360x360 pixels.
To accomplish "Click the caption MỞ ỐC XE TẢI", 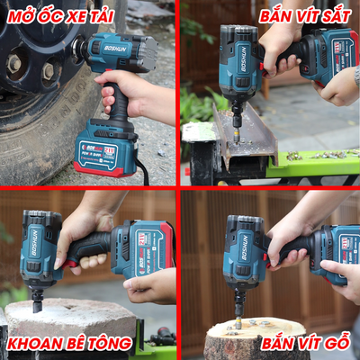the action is (x=60, y=16).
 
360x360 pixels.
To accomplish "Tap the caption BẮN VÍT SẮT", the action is (x=305, y=16).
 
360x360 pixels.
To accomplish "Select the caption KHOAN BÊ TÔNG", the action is (x=69, y=344).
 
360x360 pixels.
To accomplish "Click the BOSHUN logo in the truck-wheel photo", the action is (x=115, y=49).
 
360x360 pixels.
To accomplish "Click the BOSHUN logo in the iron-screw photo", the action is (x=244, y=59).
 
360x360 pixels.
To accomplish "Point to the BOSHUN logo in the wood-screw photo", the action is (x=246, y=247).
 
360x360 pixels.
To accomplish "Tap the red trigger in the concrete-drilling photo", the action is (x=70, y=265).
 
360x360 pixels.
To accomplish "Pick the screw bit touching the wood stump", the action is (x=238, y=321).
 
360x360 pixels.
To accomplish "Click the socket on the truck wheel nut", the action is (x=77, y=48).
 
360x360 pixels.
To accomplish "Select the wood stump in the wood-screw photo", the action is (x=254, y=339).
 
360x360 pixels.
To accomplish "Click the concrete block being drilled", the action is (x=70, y=318).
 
